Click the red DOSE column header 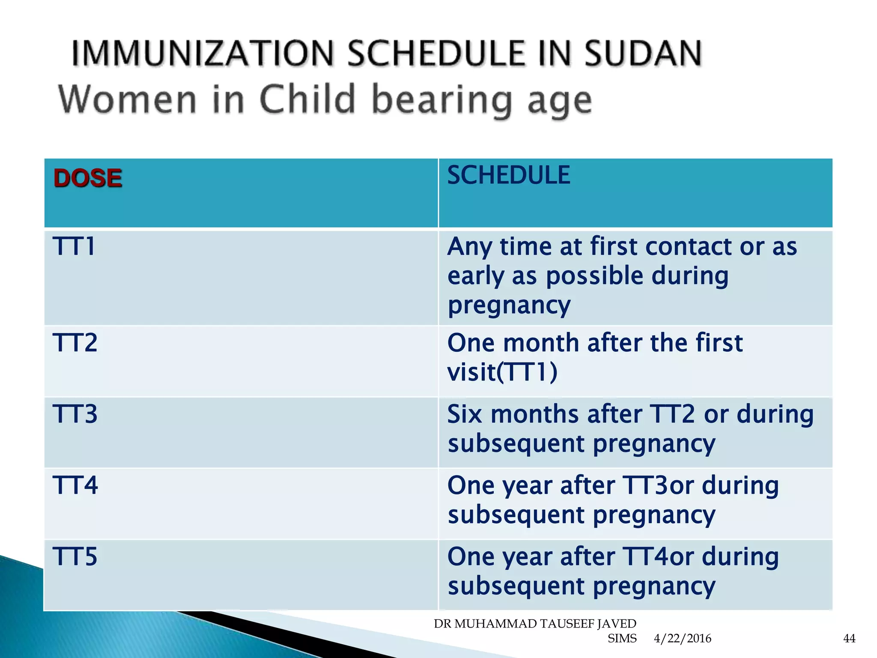[88, 178]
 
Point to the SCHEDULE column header [508, 175]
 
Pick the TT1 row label [74, 247]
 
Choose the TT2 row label [75, 343]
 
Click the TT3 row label [75, 414]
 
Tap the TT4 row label [75, 485]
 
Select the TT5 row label [75, 557]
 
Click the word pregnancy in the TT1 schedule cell [509, 306]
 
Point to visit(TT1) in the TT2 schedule [502, 371]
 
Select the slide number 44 [849, 639]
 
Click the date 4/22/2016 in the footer [682, 639]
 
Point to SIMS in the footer [622, 639]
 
